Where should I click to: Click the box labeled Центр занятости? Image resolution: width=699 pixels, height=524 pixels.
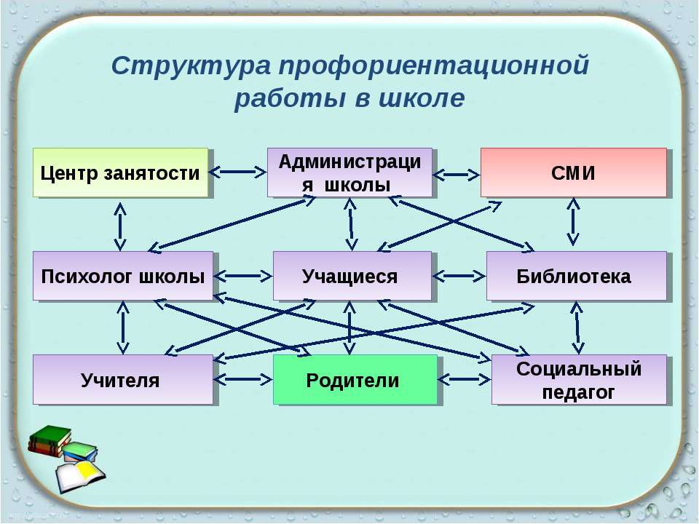tap(120, 173)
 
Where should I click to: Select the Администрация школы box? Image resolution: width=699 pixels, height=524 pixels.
tap(349, 173)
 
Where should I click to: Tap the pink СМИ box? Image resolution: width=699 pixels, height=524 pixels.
tap(573, 173)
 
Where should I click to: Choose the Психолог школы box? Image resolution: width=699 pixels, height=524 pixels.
tap(122, 277)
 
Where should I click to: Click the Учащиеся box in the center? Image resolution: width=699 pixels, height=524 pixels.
tap(352, 277)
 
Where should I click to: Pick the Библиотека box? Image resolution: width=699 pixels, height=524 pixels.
tap(576, 277)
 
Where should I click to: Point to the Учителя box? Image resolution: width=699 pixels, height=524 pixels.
tap(122, 380)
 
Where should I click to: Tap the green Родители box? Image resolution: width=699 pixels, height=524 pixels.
tap(355, 380)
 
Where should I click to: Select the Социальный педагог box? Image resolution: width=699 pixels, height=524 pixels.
tap(579, 380)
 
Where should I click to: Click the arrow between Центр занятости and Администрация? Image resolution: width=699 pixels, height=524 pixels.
tap(238, 172)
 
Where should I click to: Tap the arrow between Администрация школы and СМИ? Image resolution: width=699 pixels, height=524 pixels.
tap(457, 175)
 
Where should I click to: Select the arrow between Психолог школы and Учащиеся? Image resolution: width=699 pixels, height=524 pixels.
tap(243, 276)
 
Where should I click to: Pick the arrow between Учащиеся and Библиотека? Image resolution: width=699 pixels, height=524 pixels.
tap(459, 276)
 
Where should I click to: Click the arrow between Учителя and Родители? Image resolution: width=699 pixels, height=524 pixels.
tap(243, 379)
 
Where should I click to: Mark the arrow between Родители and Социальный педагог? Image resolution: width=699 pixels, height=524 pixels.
tap(465, 379)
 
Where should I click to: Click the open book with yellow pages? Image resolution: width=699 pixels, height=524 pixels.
tap(79, 475)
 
